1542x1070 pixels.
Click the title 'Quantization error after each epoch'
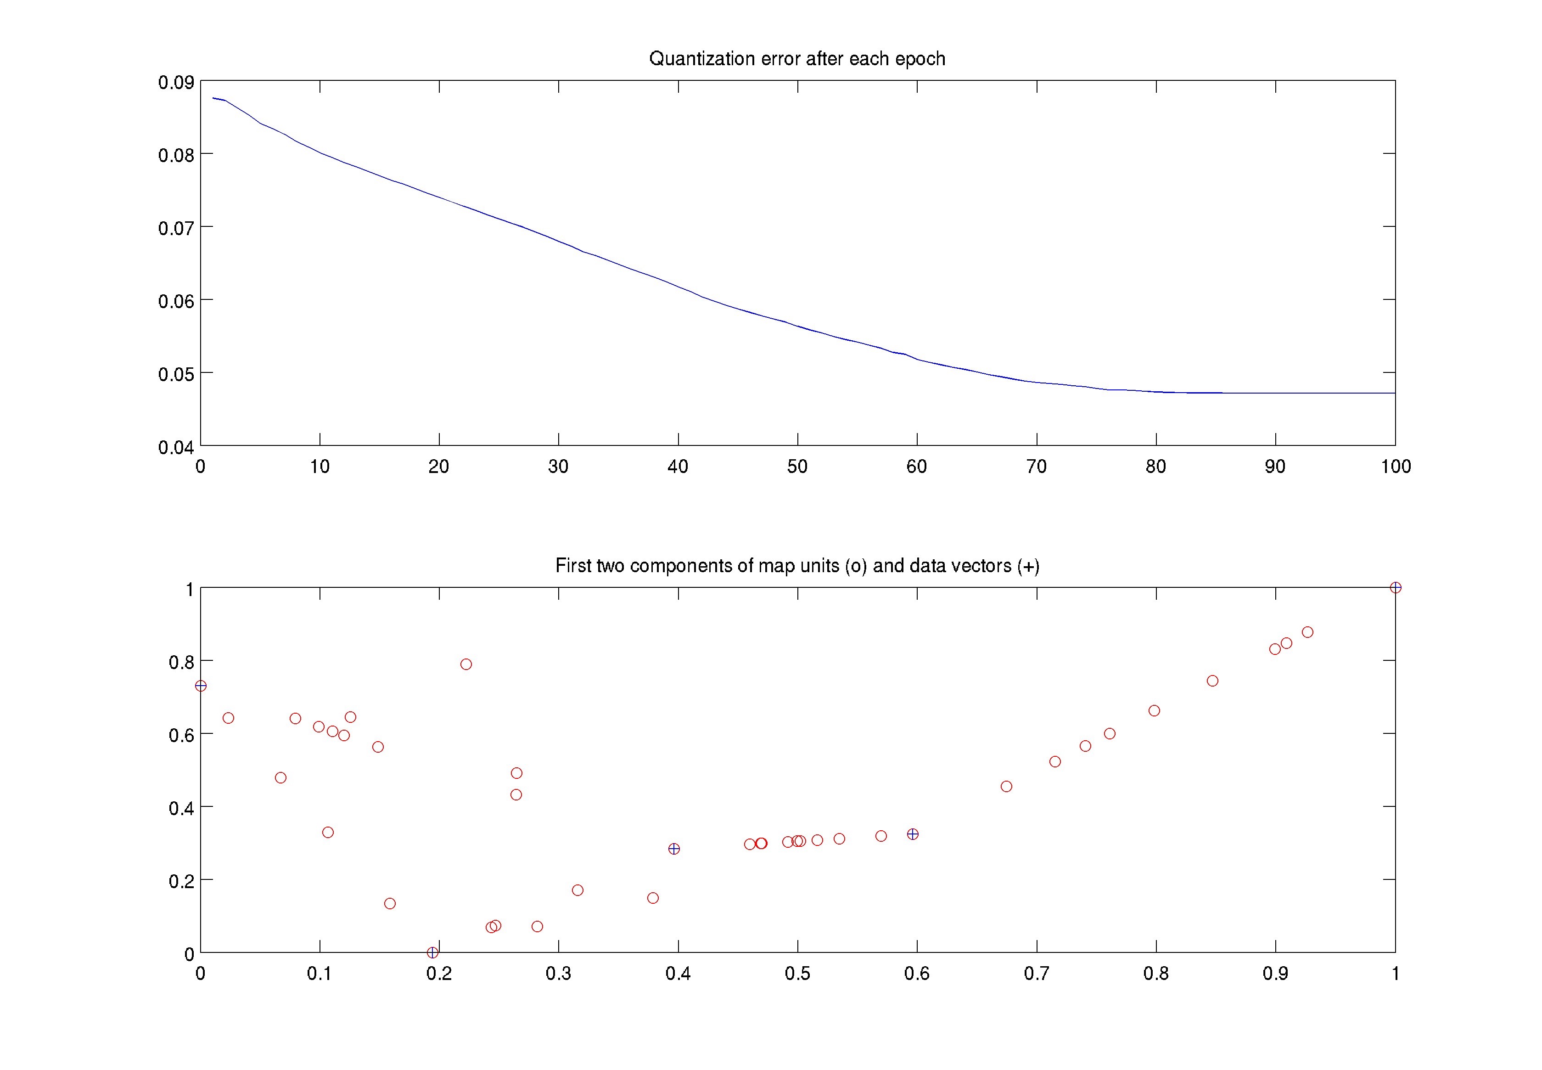pos(797,59)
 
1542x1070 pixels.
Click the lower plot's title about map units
pos(797,566)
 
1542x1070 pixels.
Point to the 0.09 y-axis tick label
pos(175,83)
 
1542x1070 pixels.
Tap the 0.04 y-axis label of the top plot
pos(175,447)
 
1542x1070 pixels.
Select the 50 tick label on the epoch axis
pos(797,467)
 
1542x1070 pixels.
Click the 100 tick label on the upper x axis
pos(1395,467)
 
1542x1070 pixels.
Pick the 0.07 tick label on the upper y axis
pos(175,229)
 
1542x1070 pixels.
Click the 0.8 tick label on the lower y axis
pos(181,662)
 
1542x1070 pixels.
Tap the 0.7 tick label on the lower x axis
pos(1036,974)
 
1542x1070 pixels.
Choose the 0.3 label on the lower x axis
pos(558,974)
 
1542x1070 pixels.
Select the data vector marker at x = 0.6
pos(912,834)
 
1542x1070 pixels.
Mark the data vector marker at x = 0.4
pos(674,849)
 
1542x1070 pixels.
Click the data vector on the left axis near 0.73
pos(200,686)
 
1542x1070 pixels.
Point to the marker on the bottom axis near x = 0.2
pos(433,952)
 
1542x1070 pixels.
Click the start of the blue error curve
pos(213,98)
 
